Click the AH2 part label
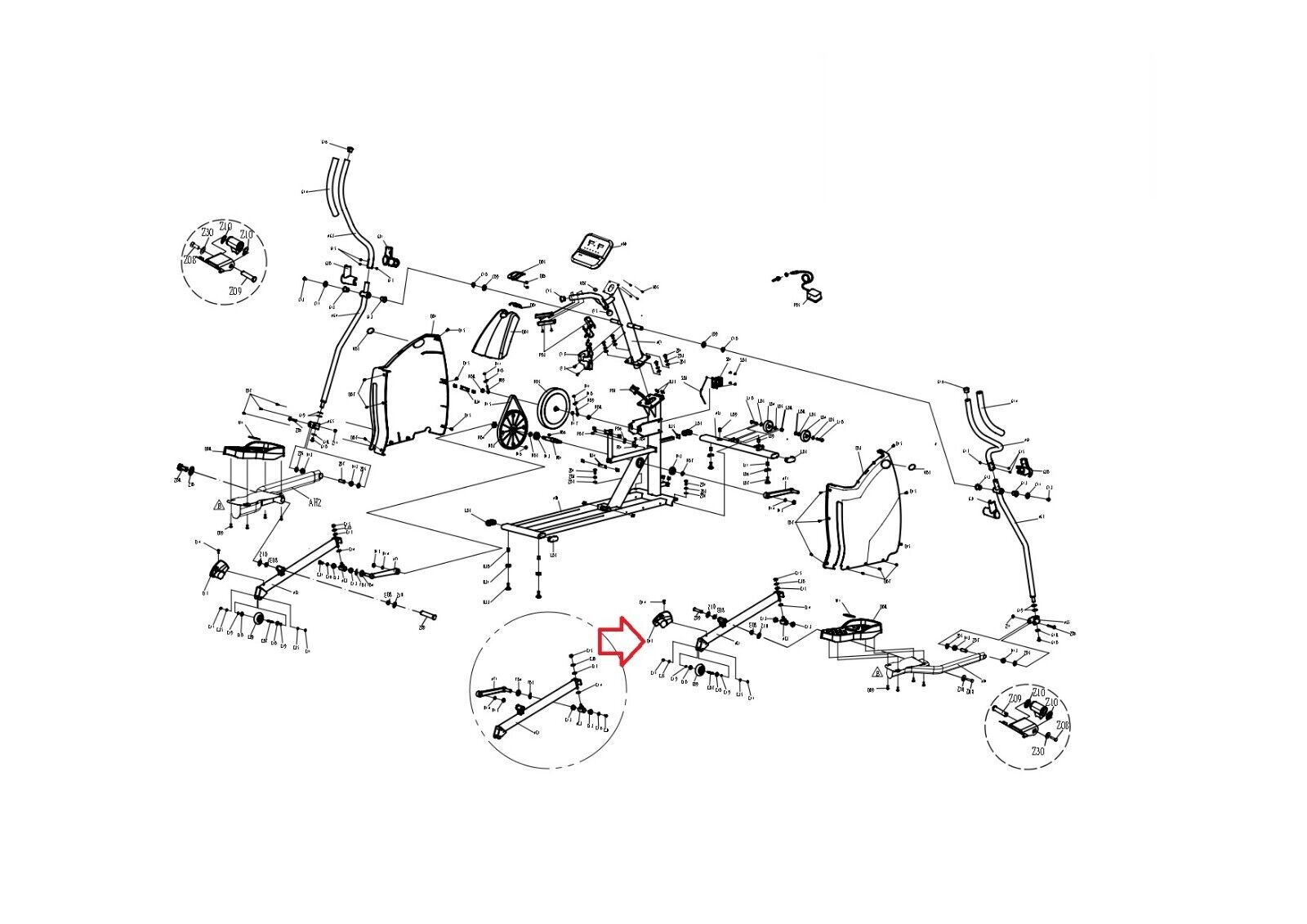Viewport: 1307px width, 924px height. coord(315,503)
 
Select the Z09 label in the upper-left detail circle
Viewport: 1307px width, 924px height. coord(235,292)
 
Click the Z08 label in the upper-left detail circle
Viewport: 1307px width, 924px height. coord(190,260)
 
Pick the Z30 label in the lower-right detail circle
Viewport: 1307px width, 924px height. coord(1037,751)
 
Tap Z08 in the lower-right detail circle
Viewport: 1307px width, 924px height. coord(1062,725)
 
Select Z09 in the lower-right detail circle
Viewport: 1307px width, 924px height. coord(1015,699)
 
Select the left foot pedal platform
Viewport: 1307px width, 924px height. coord(255,451)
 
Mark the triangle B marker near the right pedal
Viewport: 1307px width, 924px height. coord(877,672)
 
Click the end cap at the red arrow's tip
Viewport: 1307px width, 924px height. coord(662,618)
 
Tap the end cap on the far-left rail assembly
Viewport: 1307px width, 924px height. coord(218,570)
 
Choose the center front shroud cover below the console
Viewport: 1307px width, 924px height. coord(500,333)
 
